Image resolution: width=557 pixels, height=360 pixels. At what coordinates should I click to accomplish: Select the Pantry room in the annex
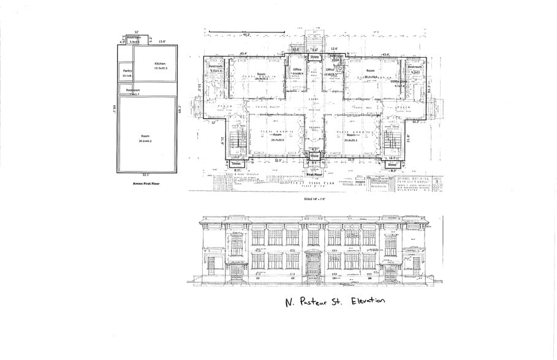point(127,72)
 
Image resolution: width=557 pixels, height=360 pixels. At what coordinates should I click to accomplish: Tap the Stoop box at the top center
point(314,56)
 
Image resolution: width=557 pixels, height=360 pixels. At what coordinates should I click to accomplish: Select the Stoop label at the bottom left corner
point(236,164)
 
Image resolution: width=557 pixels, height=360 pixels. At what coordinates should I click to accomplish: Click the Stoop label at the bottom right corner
point(392,164)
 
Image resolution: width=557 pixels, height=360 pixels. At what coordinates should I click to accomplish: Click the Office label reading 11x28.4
point(298,72)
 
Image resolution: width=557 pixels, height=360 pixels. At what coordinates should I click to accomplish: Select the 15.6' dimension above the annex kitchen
point(163,42)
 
